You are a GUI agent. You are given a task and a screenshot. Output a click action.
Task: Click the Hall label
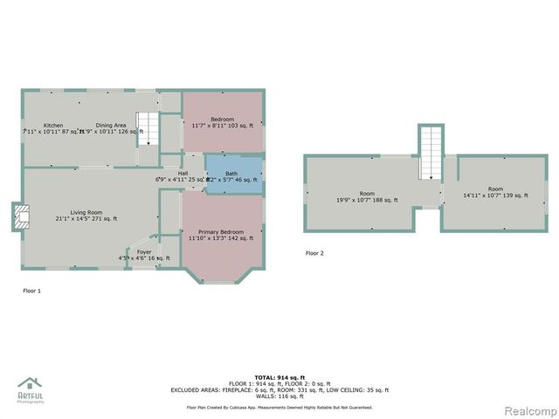183,173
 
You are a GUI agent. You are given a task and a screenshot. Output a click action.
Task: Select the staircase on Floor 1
148,129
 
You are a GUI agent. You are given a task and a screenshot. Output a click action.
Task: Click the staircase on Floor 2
430,152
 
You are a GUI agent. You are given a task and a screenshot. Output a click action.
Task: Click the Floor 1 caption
31,291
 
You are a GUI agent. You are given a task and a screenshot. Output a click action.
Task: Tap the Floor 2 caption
314,253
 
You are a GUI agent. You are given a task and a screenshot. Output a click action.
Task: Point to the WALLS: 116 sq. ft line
279,396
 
